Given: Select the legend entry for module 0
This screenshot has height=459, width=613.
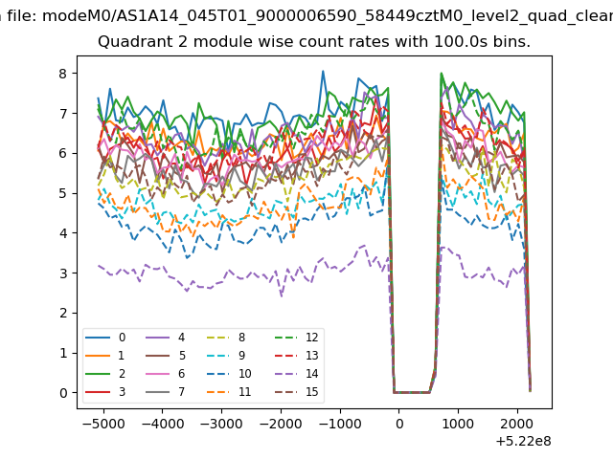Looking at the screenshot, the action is (x=105, y=338).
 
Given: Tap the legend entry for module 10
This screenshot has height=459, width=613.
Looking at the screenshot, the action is (x=229, y=374).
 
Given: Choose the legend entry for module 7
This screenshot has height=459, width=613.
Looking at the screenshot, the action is (x=165, y=391).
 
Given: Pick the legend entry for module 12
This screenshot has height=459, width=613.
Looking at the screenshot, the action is (x=296, y=338).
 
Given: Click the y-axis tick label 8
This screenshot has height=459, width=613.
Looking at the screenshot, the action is (x=63, y=74).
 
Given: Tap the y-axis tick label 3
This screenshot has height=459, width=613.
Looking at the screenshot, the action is (x=63, y=273).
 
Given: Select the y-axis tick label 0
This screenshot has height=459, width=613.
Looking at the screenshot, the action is (x=63, y=393).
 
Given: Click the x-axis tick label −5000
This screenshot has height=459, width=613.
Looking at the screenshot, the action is (x=103, y=424).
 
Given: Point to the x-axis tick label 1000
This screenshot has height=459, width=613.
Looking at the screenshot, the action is (x=458, y=424).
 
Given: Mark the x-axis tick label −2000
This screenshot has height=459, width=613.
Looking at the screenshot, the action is (x=281, y=424).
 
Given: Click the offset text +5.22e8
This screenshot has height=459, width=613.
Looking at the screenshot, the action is (x=524, y=441).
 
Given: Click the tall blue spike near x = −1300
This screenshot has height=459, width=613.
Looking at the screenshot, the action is (x=323, y=71).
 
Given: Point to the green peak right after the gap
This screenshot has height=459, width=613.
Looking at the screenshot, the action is (x=442, y=73).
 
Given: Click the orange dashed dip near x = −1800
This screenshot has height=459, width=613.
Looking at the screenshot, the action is (x=293, y=237).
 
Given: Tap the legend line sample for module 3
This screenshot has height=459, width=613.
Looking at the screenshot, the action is (x=98, y=391).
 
